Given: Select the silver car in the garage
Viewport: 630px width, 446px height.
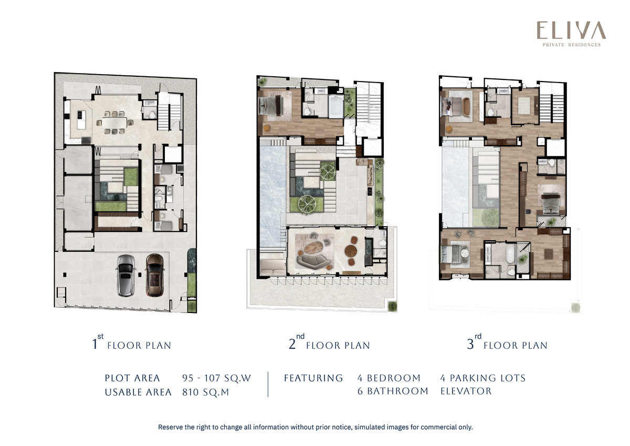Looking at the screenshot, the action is click(125, 276).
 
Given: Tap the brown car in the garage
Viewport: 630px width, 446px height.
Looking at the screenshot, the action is click(154, 275).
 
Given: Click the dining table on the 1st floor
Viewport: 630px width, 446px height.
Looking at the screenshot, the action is click(114, 123).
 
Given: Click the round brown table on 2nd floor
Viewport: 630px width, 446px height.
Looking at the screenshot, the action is click(351, 250).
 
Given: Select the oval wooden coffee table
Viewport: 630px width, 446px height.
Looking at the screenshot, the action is click(314, 247).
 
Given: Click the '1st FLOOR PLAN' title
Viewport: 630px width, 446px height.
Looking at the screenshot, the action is click(132, 343).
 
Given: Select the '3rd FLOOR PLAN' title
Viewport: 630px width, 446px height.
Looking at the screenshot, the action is click(507, 343).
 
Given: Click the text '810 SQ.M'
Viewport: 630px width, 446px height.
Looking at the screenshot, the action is click(206, 392).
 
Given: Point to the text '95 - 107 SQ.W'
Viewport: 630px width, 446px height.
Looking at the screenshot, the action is click(216, 378).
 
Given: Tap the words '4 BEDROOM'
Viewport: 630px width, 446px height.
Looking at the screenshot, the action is click(389, 378).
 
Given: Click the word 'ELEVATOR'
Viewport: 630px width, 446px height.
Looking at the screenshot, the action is click(466, 391).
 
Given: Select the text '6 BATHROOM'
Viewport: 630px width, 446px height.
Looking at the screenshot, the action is click(393, 391).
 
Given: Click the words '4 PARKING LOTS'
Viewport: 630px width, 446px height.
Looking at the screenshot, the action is click(483, 378).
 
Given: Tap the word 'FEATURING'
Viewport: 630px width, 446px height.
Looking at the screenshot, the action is click(313, 378).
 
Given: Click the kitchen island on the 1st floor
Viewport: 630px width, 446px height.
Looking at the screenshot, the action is click(81, 120).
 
